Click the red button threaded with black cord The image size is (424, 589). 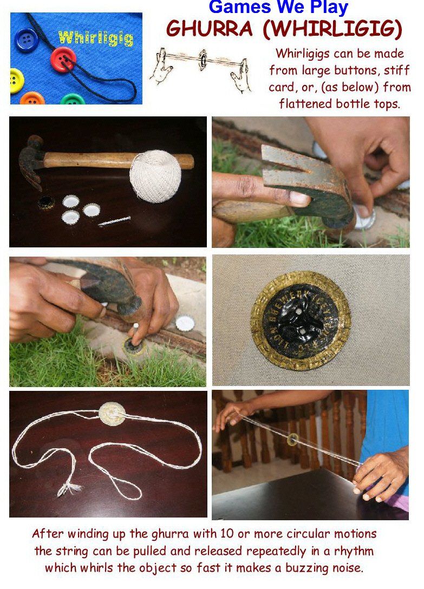coord(63,59)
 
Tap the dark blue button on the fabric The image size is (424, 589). coord(27,40)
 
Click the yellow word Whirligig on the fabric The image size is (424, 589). coord(96,38)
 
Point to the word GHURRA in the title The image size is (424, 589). coord(210,29)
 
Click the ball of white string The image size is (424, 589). coord(155,176)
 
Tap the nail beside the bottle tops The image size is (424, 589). coord(114,221)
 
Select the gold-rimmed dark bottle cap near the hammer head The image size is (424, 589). coord(46,203)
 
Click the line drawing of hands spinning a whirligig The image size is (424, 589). coord(200,69)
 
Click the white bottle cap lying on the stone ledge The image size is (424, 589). coord(185,323)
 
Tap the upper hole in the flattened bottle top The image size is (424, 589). coord(298,311)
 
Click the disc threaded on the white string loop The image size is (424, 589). coord(112,414)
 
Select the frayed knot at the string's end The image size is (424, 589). coord(69,488)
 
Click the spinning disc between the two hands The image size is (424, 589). coord(293,439)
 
